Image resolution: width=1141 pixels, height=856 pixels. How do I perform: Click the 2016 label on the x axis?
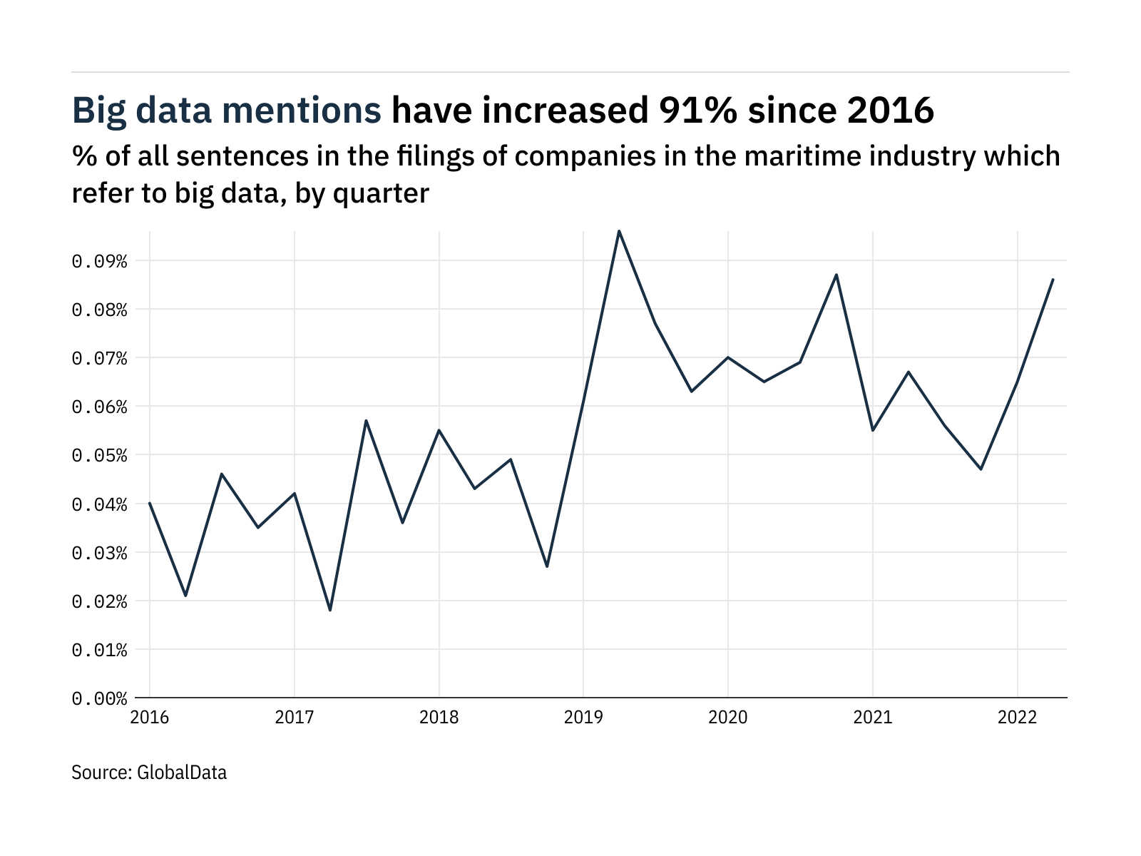click(150, 718)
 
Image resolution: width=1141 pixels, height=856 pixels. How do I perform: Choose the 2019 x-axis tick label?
click(583, 718)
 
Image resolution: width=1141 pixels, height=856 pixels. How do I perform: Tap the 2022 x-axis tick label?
click(1017, 718)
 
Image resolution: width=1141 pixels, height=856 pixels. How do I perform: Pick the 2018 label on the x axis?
click(439, 718)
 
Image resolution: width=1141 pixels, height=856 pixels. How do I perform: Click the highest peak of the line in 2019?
click(619, 231)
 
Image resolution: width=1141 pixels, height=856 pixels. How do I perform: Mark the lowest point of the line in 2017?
click(330, 610)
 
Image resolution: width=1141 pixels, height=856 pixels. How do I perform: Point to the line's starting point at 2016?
click(150, 503)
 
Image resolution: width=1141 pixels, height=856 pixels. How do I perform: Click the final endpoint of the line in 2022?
click(1053, 280)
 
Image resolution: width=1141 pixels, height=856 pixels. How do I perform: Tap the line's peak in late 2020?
click(836, 275)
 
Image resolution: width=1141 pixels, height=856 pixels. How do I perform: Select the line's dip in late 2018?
click(547, 566)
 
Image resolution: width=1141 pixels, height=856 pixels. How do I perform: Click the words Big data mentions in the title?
click(227, 111)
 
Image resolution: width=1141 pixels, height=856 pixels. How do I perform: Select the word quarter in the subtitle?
click(382, 193)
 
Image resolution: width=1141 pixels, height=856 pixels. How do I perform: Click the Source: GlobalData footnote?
click(149, 773)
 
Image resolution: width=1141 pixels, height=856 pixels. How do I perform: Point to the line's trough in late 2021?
click(981, 469)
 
